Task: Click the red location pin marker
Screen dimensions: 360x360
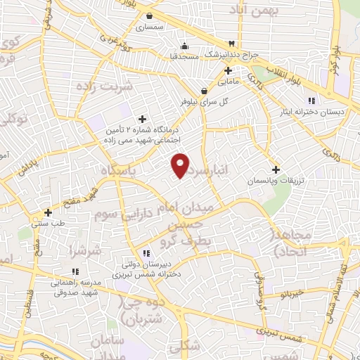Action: point(181,165)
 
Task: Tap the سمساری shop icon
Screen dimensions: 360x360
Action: point(149,16)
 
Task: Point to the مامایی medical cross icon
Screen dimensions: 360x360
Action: point(229,70)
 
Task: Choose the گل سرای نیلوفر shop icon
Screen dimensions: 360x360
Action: point(204,91)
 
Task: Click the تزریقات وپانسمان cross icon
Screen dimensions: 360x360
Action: point(276,169)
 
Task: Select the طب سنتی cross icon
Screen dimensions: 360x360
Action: point(48,212)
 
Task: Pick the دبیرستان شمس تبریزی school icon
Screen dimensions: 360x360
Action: point(146,253)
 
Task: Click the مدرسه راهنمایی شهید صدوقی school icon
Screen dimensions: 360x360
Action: point(75,271)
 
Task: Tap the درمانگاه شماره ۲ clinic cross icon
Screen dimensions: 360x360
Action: point(143,119)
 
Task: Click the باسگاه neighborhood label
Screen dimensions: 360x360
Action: point(120,171)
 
